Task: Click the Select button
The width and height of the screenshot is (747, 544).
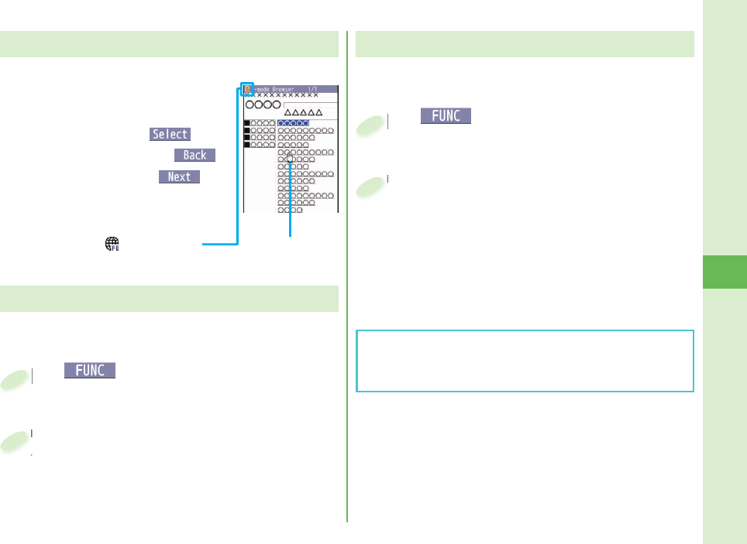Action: coord(170,134)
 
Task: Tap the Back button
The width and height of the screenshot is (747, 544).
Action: coord(194,155)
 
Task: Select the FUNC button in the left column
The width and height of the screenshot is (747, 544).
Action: coord(91,371)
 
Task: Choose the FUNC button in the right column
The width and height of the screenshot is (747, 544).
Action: coord(446,116)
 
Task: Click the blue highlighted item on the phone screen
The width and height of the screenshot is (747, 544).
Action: coord(294,123)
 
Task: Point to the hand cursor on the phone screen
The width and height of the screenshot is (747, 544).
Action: coord(290,159)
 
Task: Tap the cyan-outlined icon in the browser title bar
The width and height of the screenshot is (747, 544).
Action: coord(246,89)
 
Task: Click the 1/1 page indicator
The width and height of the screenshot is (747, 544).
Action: coord(313,89)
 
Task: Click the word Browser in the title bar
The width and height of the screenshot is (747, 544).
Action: coord(282,89)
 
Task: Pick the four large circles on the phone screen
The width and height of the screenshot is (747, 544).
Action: coord(263,104)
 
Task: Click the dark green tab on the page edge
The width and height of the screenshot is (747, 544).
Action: coord(725,271)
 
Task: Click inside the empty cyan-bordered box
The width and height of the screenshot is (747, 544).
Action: coord(525,361)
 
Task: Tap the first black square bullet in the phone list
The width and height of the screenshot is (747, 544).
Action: coord(247,123)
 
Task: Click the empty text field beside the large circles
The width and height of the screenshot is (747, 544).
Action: coord(311,104)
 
